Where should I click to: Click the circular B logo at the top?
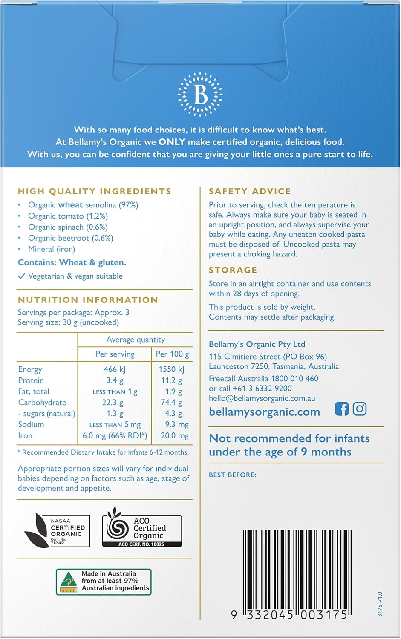(x=200, y=95)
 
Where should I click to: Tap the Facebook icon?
(x=341, y=409)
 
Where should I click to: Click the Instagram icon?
(x=360, y=409)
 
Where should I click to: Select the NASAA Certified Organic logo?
(x=57, y=530)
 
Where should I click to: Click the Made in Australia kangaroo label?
(x=104, y=581)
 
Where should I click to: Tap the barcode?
(x=297, y=570)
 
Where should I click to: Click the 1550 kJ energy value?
(x=171, y=369)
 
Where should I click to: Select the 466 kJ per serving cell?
(x=115, y=369)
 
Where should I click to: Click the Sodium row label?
(x=31, y=424)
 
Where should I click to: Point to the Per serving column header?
(x=115, y=354)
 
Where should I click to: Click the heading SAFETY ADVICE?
(x=250, y=191)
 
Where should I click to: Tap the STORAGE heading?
(x=233, y=270)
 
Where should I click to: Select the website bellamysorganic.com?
(x=264, y=412)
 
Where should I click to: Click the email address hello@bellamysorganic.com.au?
(x=262, y=398)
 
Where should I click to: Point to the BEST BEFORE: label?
(x=232, y=475)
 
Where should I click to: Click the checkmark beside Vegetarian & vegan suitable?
(x=22, y=276)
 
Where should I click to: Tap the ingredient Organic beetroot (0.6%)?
(x=71, y=238)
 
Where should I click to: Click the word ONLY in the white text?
(x=172, y=142)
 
